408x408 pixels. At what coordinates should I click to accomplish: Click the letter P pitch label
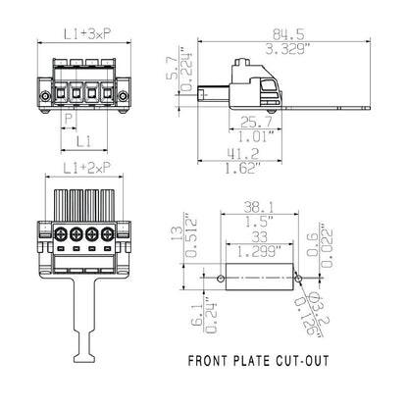coord(67,119)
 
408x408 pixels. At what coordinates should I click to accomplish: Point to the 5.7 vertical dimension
coord(175,70)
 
